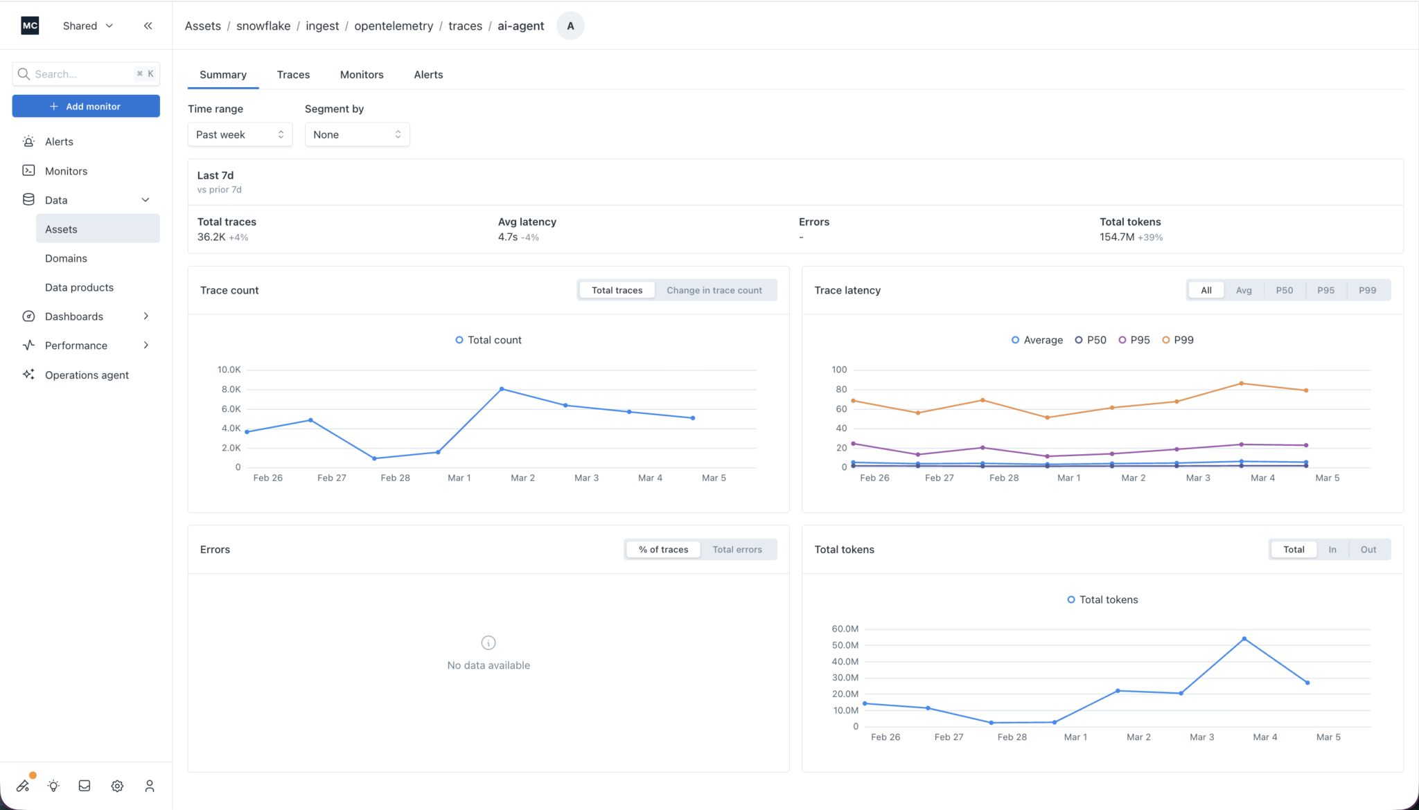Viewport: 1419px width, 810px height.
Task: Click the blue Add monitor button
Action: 86,106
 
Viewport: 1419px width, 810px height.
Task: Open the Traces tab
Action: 293,75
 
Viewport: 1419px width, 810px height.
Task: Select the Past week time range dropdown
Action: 240,134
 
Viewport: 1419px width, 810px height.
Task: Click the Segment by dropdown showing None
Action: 357,134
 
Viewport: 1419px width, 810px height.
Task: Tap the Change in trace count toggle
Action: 714,290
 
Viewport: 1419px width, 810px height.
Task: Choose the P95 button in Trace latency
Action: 1325,290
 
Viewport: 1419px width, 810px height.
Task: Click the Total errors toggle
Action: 737,549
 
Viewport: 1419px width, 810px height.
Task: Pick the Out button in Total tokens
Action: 1368,549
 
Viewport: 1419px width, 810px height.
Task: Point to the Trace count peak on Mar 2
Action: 502,389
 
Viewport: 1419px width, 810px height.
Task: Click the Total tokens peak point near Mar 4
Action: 1244,639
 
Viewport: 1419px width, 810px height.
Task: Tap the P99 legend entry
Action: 1178,340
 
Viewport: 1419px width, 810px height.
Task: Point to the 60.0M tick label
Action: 845,629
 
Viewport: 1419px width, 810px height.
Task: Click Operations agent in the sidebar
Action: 87,375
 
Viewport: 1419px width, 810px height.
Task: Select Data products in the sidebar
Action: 79,287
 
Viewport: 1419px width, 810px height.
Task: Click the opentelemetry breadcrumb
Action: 394,26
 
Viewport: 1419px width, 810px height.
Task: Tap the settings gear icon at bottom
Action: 117,786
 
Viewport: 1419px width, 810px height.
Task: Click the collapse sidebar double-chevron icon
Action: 148,26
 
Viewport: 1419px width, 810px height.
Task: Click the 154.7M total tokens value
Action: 1117,237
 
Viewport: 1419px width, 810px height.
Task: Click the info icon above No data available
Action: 488,643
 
